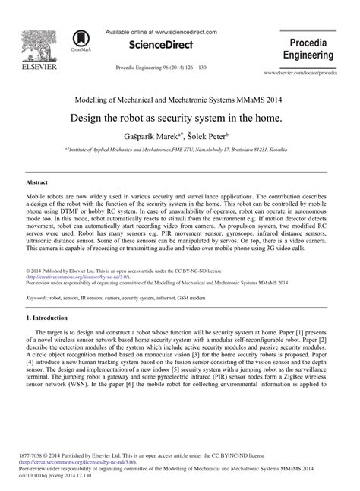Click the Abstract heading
click(x=37, y=183)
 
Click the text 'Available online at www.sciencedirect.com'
click(x=160, y=33)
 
